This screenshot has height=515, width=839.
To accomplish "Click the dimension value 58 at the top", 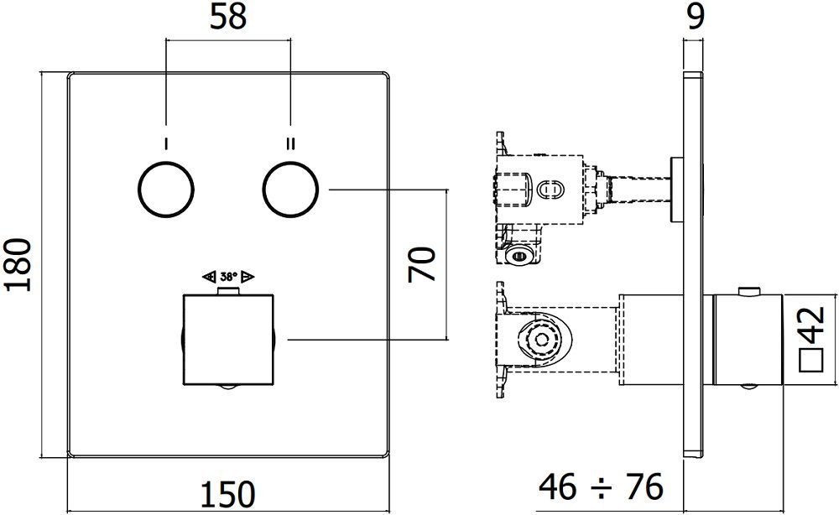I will click(228, 18).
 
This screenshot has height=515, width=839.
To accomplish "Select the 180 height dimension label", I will click(18, 264).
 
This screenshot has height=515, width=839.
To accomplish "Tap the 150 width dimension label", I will click(227, 494).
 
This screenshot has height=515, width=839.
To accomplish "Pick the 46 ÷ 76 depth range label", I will click(602, 486).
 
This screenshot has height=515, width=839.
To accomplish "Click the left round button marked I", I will click(166, 190).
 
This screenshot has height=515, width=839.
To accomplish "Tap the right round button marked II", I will click(290, 190).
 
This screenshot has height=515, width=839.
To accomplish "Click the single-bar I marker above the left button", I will click(166, 143).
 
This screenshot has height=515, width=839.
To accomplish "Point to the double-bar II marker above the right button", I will click(290, 143).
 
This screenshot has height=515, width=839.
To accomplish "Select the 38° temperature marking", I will click(228, 276).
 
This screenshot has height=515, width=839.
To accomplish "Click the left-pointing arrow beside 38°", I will click(209, 276).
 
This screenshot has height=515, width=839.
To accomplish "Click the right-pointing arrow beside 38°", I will click(248, 276).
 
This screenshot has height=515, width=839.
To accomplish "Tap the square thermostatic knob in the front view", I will click(228, 339).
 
